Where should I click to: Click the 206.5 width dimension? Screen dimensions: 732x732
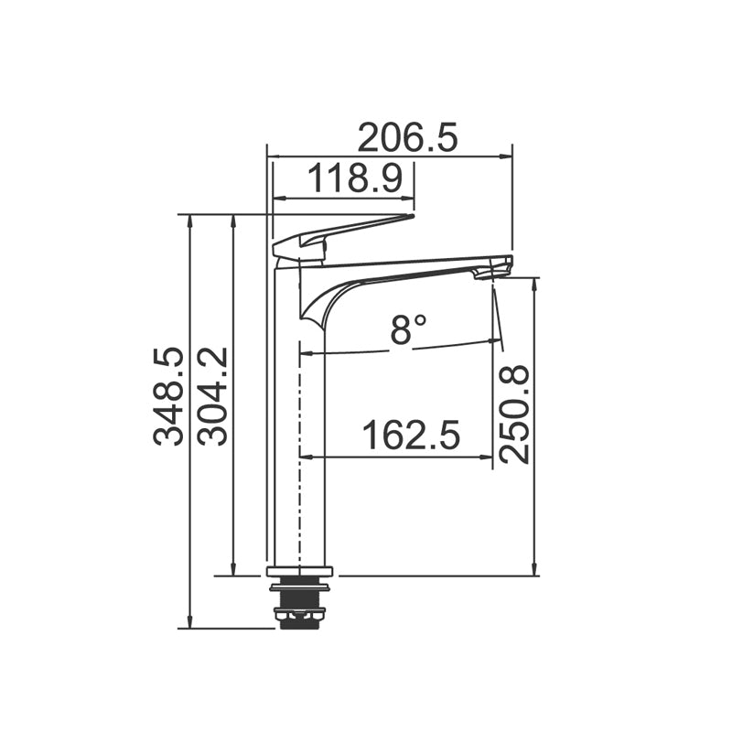click(x=406, y=139)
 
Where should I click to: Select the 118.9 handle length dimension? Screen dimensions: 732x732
click(x=355, y=179)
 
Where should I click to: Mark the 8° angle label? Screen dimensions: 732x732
click(x=408, y=328)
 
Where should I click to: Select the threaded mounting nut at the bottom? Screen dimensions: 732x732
click(x=299, y=607)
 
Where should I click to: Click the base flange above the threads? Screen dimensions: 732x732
click(x=299, y=574)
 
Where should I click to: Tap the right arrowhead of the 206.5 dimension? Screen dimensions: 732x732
click(x=507, y=156)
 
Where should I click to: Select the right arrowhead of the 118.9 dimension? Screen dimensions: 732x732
click(x=409, y=197)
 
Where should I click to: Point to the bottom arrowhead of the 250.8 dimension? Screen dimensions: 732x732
click(x=535, y=571)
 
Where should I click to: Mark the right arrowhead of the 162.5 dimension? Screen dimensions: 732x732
click(x=490, y=455)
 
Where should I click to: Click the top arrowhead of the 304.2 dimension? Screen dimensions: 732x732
click(x=234, y=221)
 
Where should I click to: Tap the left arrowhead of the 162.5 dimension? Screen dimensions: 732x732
click(x=306, y=455)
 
